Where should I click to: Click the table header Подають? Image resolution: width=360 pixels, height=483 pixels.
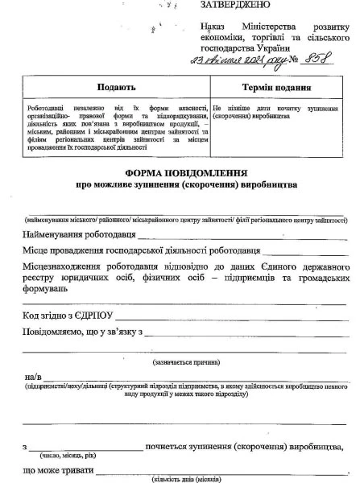[x=116, y=86]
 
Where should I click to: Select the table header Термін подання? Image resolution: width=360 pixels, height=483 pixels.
[x=278, y=86]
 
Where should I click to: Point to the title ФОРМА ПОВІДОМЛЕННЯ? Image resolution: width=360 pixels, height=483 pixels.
[x=185, y=172]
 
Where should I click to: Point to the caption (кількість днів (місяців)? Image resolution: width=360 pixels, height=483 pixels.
[x=180, y=479]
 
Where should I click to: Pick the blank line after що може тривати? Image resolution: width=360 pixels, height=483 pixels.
[x=217, y=472]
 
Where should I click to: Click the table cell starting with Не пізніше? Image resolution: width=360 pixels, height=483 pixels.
[x=278, y=111]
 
